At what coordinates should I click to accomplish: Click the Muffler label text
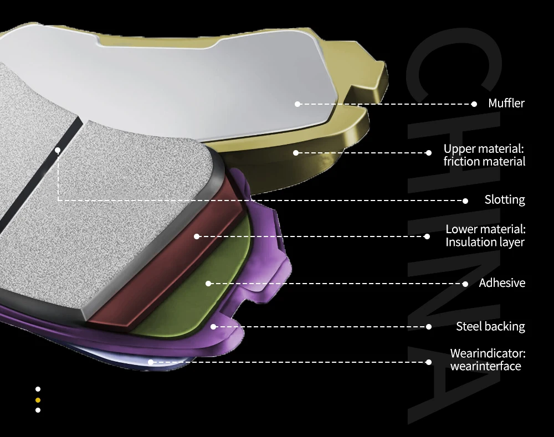506,103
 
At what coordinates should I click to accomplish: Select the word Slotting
505,200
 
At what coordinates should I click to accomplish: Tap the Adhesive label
502,283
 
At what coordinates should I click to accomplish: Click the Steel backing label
490,326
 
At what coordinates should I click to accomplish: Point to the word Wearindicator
488,353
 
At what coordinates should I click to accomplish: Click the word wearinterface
486,366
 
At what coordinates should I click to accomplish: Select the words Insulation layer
485,243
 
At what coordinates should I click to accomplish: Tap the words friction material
484,161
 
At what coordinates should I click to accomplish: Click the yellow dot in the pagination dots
38,400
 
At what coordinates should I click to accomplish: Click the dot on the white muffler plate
297,104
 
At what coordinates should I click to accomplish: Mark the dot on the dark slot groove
58,151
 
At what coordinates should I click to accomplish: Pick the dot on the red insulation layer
197,237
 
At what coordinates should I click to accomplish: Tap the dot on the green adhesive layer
208,284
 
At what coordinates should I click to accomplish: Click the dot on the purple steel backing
213,327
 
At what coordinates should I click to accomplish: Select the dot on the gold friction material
296,153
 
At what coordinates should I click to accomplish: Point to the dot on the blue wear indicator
151,362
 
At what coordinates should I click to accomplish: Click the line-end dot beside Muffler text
474,104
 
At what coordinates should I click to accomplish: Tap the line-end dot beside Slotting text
465,201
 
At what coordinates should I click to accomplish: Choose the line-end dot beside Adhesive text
465,284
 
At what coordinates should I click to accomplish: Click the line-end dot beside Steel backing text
429,327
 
